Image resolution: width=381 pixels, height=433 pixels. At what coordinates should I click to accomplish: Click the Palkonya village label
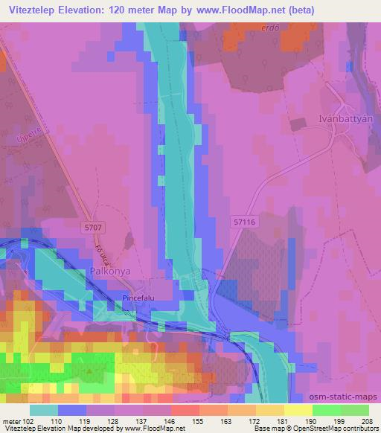110,272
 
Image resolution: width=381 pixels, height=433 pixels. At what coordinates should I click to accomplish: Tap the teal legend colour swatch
44,409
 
